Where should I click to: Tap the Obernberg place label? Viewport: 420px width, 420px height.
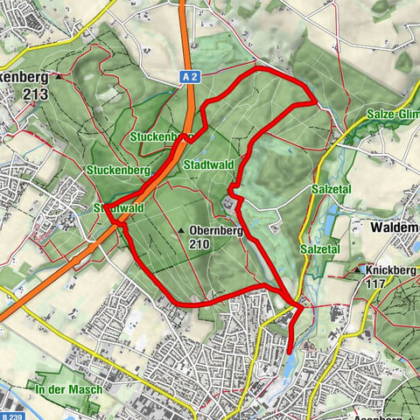[x=214, y=231]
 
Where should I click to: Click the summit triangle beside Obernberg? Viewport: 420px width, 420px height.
[x=182, y=231]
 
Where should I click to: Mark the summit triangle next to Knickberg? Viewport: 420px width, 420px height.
[x=360, y=270]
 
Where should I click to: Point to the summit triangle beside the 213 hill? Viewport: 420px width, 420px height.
[x=59, y=76]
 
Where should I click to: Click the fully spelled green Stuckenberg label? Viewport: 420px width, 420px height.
[x=119, y=168]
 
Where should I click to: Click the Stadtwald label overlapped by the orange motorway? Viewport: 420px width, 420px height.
[x=117, y=208]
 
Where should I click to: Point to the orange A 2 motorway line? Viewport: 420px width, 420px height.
[x=186, y=52]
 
